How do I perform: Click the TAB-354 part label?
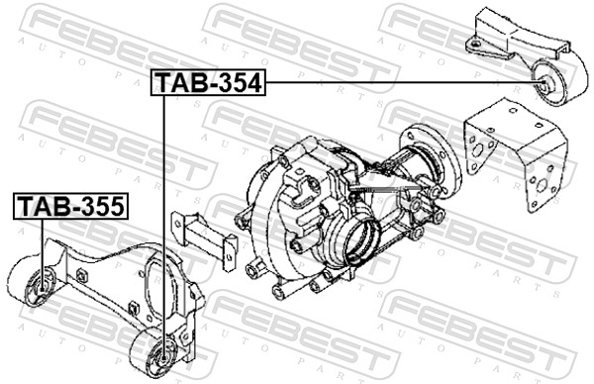pyautogui.click(x=208, y=84)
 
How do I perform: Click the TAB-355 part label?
pyautogui.click(x=68, y=207)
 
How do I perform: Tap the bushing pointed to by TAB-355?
pyautogui.click(x=41, y=286)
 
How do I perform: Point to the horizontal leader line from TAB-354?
pyautogui.click(x=396, y=84)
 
